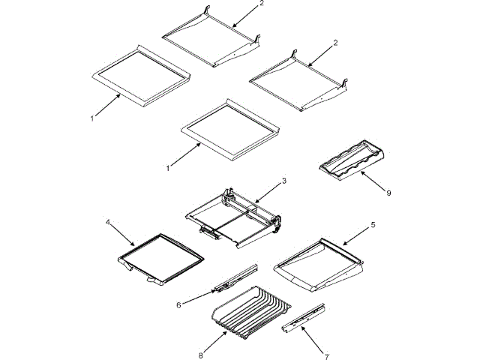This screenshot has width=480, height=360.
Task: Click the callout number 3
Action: tap(283, 181)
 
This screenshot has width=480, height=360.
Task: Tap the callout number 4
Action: tap(109, 222)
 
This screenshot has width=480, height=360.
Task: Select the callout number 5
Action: tap(373, 224)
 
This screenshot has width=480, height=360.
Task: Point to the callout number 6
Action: tap(178, 304)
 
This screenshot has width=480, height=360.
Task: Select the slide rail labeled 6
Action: tap(234, 276)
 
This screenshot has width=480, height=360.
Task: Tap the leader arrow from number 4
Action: tap(122, 234)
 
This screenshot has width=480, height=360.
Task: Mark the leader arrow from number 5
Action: tap(355, 235)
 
